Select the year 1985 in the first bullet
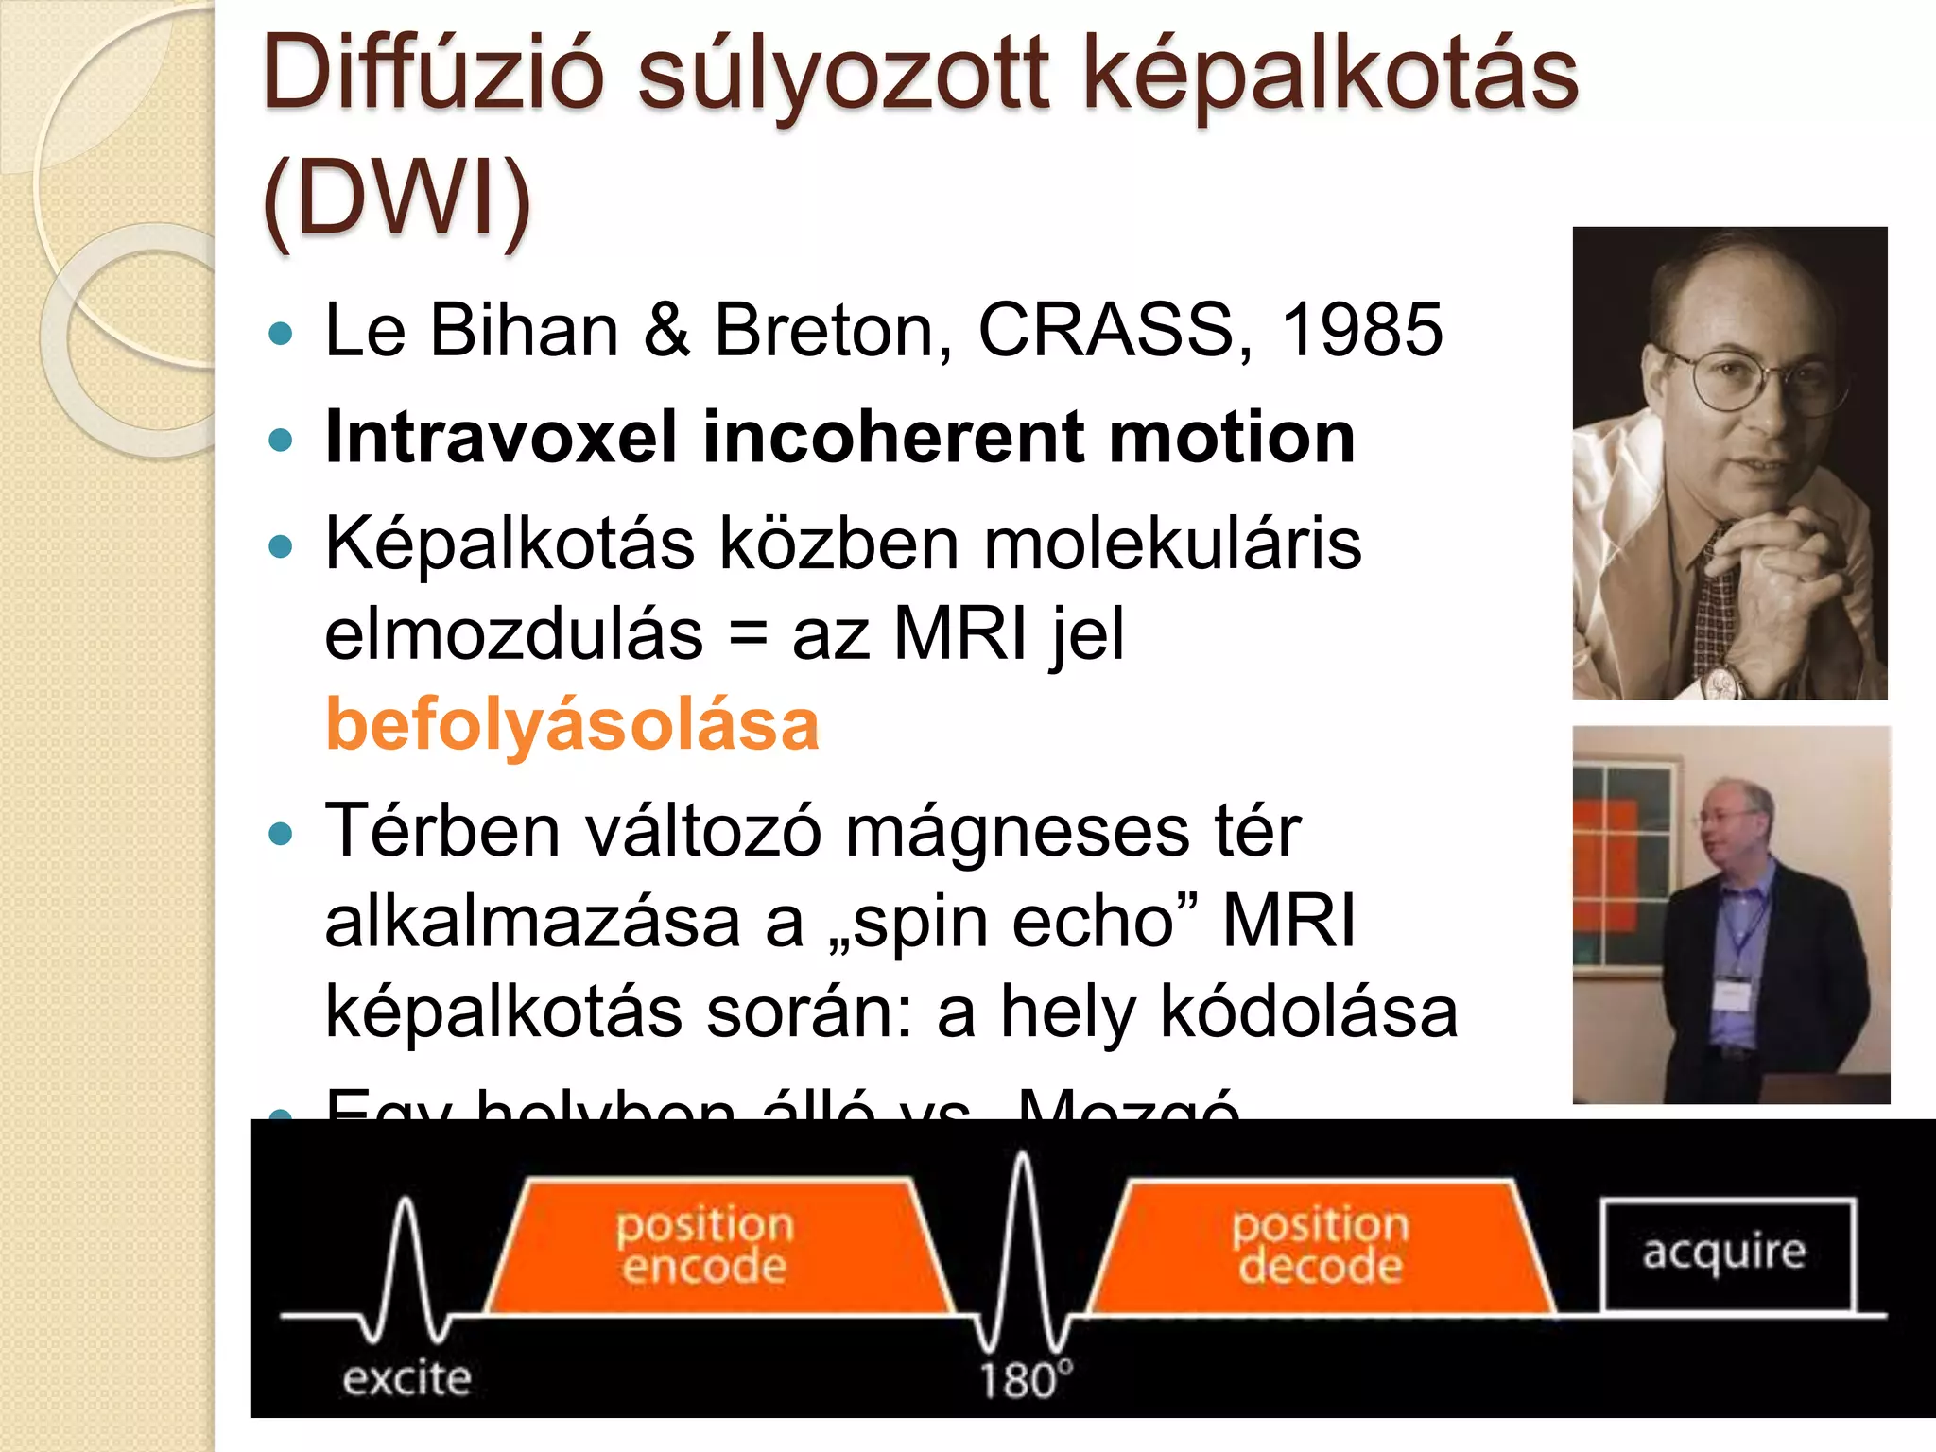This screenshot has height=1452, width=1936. (x=1361, y=330)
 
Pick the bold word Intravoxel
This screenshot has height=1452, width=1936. (x=501, y=437)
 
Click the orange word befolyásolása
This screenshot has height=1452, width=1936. (x=572, y=724)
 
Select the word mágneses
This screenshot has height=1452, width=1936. (x=1016, y=832)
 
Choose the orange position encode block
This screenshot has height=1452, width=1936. (x=718, y=1246)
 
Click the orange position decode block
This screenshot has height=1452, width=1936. (x=1321, y=1246)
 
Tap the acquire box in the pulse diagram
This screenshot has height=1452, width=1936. (x=1726, y=1253)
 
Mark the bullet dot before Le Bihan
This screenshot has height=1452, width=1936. (x=281, y=333)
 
